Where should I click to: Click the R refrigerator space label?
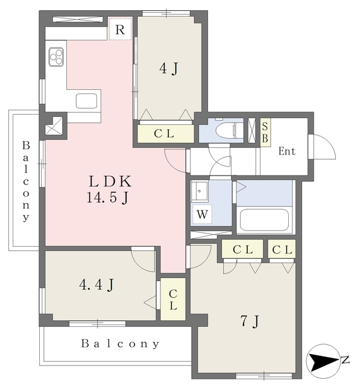click(x=120, y=29)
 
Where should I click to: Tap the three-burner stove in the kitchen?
click(x=57, y=56)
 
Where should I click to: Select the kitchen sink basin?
click(x=87, y=101)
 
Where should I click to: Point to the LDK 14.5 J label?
click(x=110, y=188)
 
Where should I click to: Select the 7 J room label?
click(x=250, y=322)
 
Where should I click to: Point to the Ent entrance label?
click(x=287, y=151)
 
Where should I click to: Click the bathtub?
click(x=265, y=220)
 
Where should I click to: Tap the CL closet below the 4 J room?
click(x=164, y=134)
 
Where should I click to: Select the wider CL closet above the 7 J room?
click(x=242, y=249)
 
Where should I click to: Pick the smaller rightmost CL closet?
click(x=282, y=249)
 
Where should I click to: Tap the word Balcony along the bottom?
click(x=121, y=344)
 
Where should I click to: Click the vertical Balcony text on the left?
click(x=26, y=182)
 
